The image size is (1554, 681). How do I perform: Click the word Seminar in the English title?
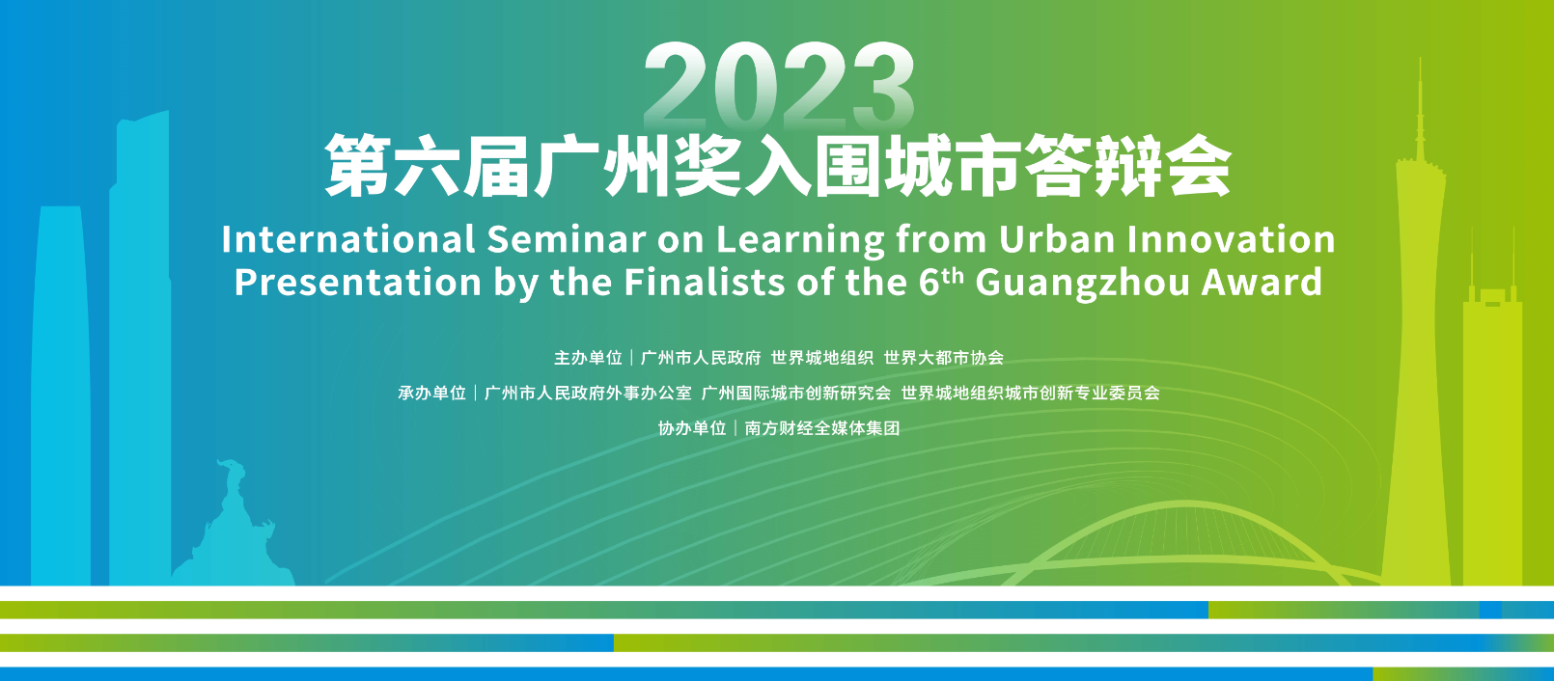pyautogui.click(x=566, y=239)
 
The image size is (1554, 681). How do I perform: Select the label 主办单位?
pyautogui.click(x=588, y=358)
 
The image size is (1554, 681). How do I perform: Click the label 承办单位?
pyautogui.click(x=431, y=394)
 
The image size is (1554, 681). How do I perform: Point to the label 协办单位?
pyautogui.click(x=692, y=428)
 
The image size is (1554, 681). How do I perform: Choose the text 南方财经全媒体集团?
pyautogui.click(x=822, y=428)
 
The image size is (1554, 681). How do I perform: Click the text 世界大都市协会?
pyautogui.click(x=944, y=358)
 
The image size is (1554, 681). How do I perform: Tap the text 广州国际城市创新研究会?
pyautogui.click(x=795, y=394)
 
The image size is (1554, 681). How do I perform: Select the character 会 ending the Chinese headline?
pyautogui.click(x=1198, y=167)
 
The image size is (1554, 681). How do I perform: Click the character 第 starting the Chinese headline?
pyautogui.click(x=358, y=167)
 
